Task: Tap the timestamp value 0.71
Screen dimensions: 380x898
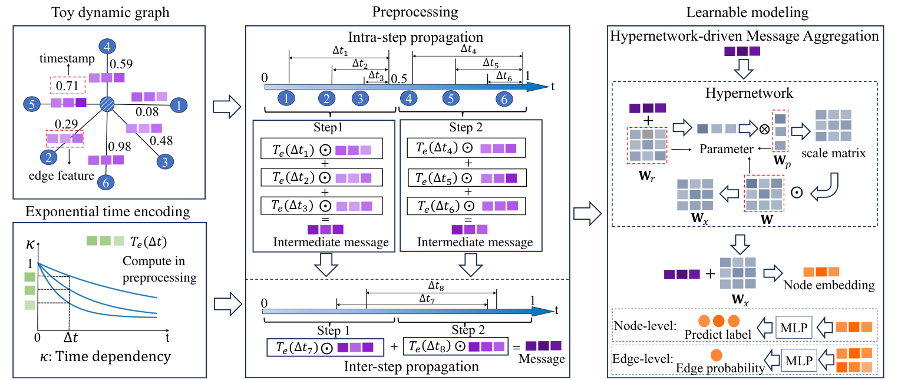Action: [67, 87]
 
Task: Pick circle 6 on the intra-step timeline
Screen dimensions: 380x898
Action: [504, 100]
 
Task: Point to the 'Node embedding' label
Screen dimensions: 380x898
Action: [828, 285]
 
